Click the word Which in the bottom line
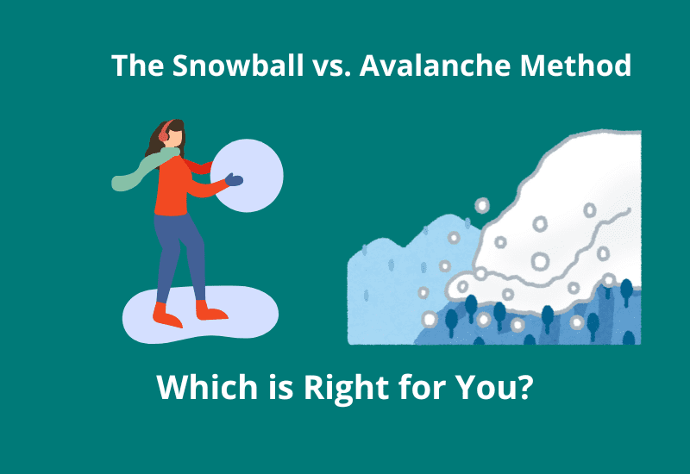tap(201, 389)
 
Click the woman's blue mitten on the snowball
tap(234, 180)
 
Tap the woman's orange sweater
tap(172, 185)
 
